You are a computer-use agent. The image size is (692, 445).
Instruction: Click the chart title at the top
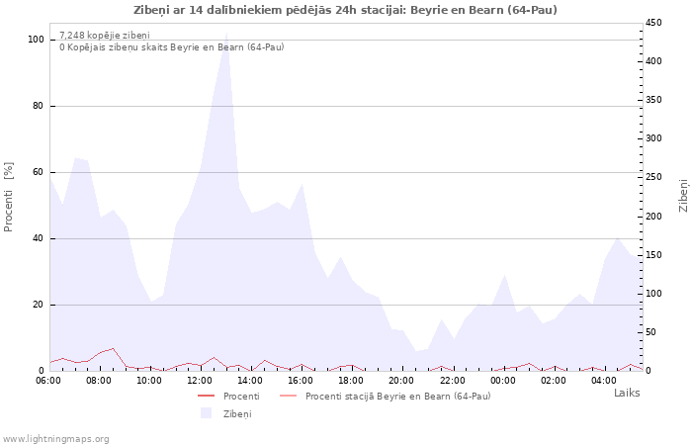345,10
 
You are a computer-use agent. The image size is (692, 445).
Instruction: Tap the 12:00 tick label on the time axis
200,381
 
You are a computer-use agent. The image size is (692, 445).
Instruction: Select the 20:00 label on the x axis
401,381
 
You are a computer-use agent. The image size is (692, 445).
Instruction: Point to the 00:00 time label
502,381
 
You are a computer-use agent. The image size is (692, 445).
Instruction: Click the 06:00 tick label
48,381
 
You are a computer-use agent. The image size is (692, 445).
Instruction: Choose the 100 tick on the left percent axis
36,40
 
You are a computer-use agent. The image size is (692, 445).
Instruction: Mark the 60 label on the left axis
38,172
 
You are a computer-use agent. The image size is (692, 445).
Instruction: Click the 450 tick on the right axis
653,23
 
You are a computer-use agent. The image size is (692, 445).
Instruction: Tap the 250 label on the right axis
653,177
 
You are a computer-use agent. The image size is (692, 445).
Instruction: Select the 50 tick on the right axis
650,332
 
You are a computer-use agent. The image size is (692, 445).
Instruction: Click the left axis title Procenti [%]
8,197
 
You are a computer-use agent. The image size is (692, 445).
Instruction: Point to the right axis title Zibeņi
683,196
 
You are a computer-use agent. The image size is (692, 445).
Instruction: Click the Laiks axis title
627,393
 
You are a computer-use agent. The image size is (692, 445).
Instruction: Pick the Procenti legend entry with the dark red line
228,396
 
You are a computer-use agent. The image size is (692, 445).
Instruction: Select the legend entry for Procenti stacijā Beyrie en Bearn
386,396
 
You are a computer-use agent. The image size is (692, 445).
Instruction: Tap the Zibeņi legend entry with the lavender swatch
226,413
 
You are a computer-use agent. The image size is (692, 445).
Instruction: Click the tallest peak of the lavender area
226,33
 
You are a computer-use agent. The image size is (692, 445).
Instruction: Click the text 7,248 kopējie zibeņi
105,36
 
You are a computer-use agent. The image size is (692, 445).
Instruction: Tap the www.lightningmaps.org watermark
55,439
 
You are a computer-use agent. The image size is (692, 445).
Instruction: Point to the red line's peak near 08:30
113,348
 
